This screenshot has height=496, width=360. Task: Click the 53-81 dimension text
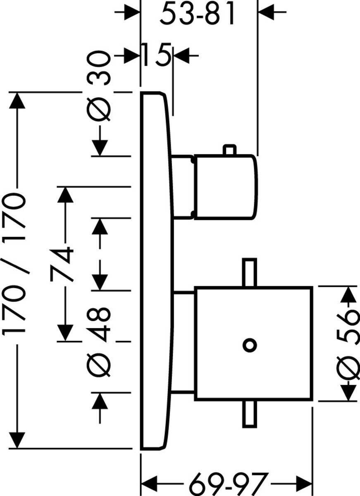point(198,15)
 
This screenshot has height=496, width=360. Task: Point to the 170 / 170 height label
point(17,265)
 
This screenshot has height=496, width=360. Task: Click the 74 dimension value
point(62,265)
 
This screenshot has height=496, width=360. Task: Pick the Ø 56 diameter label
point(347,343)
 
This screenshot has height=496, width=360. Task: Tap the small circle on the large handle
point(250,345)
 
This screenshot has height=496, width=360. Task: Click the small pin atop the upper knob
point(229,150)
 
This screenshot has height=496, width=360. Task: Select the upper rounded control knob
point(225,186)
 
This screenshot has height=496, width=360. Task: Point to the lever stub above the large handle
point(249,272)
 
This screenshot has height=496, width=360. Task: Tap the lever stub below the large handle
point(249,413)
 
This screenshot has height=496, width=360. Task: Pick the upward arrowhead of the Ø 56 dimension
point(350,294)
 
